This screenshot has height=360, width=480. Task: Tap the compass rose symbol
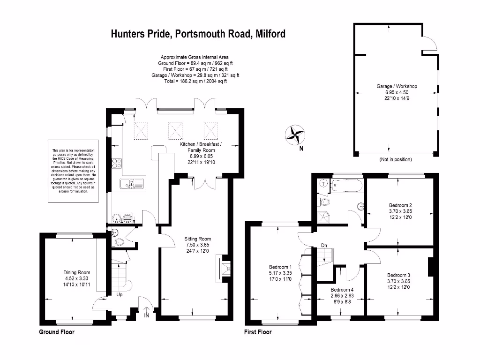click(x=295, y=135)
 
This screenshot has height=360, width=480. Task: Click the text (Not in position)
click(x=396, y=160)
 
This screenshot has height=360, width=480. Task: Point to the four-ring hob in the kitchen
click(x=117, y=164)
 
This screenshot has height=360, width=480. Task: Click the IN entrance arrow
click(x=147, y=312)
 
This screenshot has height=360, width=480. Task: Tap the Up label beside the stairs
click(x=120, y=295)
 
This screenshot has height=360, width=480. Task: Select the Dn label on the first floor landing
click(x=323, y=245)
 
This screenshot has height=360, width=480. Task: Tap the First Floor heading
click(x=258, y=332)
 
